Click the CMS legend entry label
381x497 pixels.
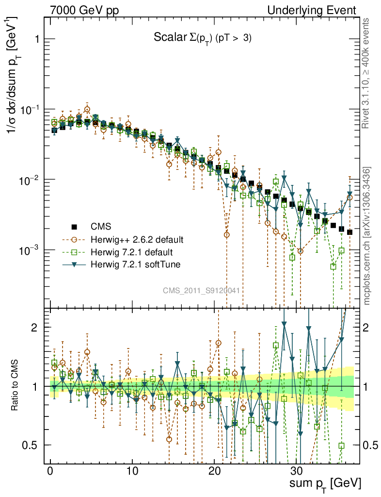pos(101,227)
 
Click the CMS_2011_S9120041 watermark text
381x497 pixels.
pos(203,290)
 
